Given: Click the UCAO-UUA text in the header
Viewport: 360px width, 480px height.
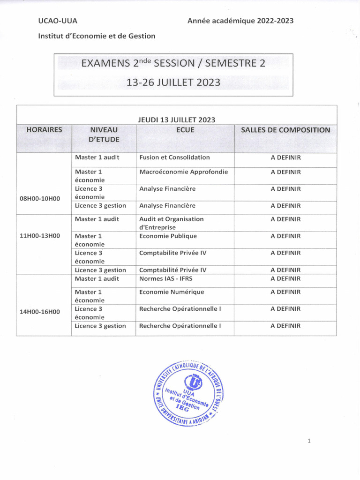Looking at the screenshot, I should (x=58, y=21).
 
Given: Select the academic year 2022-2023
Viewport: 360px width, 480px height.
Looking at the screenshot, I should (x=240, y=21).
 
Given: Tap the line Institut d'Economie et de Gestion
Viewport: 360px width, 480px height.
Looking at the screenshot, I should (x=97, y=36).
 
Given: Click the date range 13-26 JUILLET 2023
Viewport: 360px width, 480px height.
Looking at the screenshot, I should (x=173, y=82).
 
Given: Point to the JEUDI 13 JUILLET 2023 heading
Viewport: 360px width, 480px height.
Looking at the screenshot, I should (x=177, y=120).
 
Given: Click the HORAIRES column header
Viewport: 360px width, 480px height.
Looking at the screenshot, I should (x=44, y=130).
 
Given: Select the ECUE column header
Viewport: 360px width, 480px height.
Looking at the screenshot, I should (x=185, y=130).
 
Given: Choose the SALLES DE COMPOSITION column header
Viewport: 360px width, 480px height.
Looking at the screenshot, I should (x=285, y=130).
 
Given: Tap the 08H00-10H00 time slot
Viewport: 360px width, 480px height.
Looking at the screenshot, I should (x=40, y=198).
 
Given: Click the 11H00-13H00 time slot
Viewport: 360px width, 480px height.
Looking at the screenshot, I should (x=40, y=236).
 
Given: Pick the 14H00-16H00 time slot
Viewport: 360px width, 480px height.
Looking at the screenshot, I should (x=40, y=311).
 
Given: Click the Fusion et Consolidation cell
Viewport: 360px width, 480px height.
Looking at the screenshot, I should (x=174, y=157).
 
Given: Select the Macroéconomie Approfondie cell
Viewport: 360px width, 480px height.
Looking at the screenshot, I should (x=183, y=172).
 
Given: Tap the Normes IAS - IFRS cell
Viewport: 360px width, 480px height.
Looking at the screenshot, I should (x=165, y=278).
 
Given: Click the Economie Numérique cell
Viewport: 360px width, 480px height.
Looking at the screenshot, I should (x=172, y=292).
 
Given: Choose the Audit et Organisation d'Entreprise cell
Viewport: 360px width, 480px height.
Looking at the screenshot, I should (x=171, y=223).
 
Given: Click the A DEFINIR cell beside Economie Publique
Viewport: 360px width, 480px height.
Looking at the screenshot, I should (x=285, y=236).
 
